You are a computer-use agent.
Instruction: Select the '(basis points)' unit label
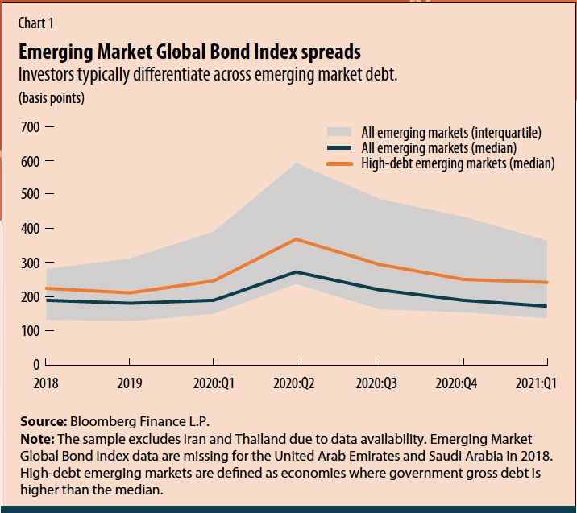click(51, 99)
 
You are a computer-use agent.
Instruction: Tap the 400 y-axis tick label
click(29, 230)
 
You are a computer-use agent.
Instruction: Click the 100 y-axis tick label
click(29, 331)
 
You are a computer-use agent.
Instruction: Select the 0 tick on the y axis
click(35, 365)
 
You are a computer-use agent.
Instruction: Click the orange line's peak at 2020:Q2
click(297, 239)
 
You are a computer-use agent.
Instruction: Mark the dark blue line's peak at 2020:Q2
click(297, 272)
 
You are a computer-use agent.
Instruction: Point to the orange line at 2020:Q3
click(380, 264)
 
